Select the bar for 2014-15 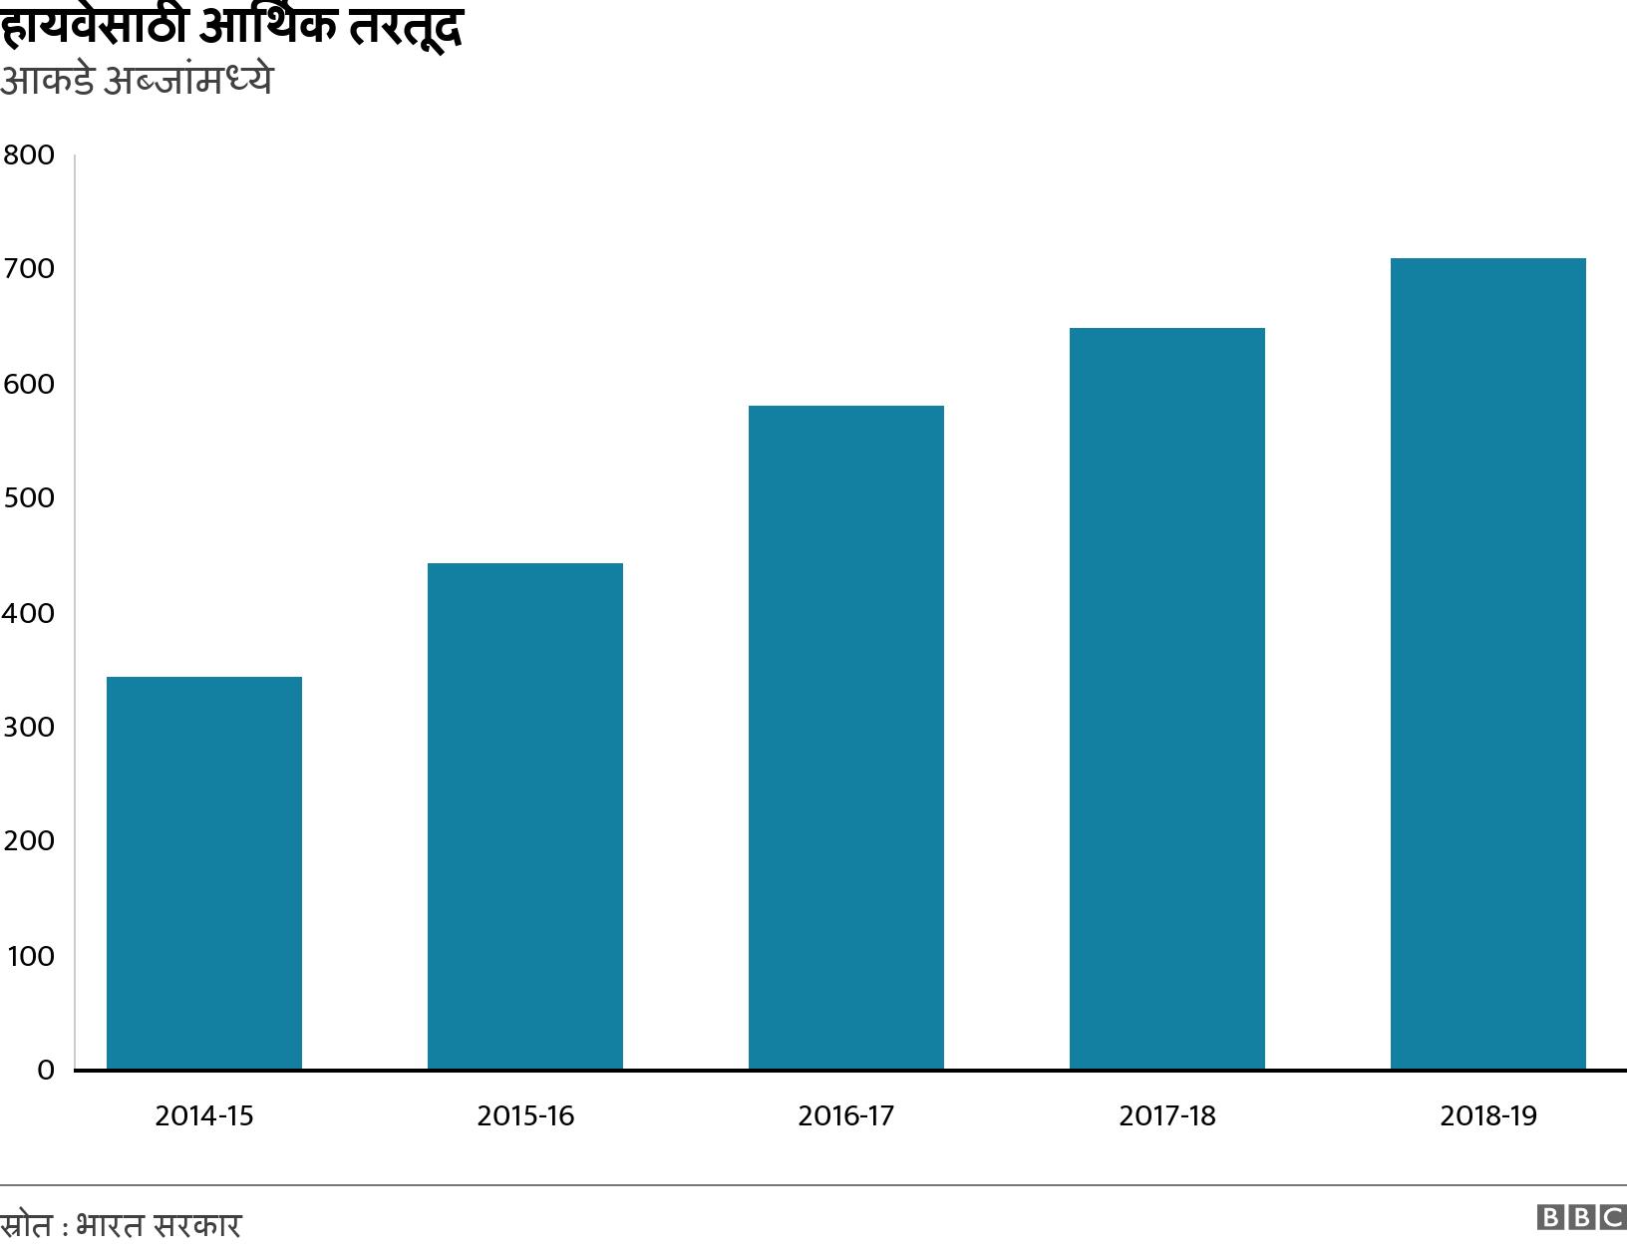(204, 873)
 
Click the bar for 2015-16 (525, 816)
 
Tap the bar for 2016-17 (846, 738)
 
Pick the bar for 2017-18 (1167, 699)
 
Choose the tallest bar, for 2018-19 (1488, 664)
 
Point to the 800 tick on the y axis (28, 156)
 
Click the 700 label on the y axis (28, 269)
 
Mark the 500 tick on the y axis (28, 498)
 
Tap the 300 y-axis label (28, 728)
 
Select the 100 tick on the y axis (30, 957)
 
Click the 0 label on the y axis (45, 1071)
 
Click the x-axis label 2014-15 (204, 1115)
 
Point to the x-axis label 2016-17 (846, 1115)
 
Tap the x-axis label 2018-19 (1488, 1115)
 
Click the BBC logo (1581, 1217)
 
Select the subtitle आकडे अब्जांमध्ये (136, 81)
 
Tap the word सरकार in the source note (199, 1225)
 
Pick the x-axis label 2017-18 (1167, 1115)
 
